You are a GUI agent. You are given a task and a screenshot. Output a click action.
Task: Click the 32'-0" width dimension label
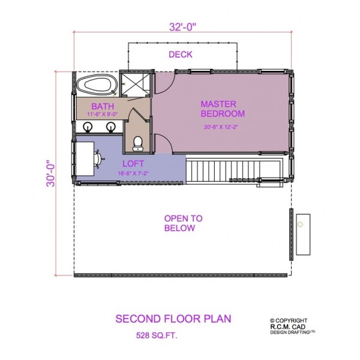183,27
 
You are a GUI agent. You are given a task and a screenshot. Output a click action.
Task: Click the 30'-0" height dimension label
51,173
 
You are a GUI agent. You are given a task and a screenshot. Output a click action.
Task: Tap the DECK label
181,55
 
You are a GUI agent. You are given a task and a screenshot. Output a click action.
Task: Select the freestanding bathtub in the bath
97,85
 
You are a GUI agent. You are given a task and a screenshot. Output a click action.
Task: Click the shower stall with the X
135,84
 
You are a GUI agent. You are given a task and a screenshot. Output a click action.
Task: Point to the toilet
138,143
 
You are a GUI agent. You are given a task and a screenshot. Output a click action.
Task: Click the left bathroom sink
88,127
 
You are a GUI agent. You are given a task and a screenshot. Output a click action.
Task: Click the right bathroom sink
110,127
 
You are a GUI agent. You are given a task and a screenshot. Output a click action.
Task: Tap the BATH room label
103,106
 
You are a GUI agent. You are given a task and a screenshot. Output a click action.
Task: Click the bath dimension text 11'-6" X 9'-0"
103,114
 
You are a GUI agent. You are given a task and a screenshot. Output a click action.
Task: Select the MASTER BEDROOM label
223,109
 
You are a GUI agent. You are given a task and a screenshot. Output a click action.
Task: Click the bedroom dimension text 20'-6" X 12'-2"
221,127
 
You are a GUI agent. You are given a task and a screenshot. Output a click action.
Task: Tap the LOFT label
133,164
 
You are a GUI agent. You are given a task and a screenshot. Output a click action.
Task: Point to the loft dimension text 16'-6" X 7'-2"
133,173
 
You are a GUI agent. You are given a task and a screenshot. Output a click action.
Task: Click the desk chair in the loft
98,159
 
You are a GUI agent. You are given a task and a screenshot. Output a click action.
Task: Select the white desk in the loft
85,159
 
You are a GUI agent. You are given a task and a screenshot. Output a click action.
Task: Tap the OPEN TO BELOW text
183,223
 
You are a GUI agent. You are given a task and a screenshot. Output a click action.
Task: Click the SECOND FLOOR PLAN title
173,319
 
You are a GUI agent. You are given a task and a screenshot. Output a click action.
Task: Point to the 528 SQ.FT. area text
157,335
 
